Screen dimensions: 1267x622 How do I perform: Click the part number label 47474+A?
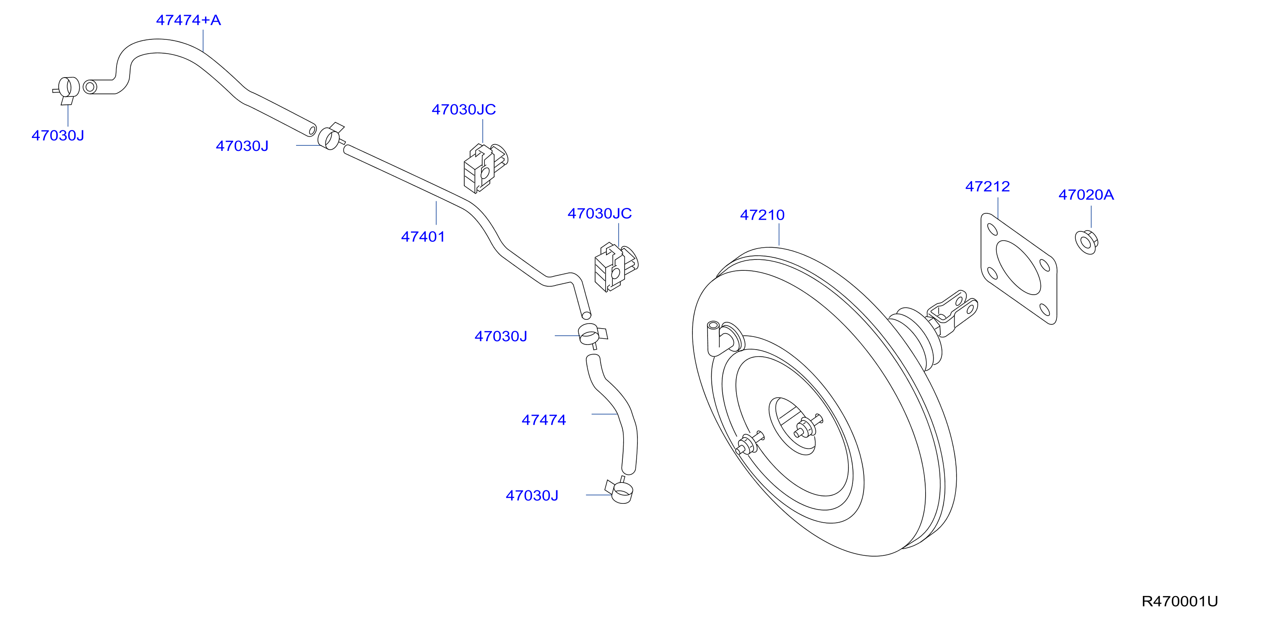pos(188,20)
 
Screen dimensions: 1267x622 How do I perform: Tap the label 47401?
pos(423,237)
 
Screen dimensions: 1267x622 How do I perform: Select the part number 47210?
pos(762,215)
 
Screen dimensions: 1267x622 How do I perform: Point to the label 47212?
pos(988,187)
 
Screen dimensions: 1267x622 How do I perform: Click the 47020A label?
pos(1086,195)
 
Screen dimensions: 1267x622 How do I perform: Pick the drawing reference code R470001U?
pos(1179,601)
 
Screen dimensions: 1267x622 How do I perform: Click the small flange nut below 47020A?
pos(1087,242)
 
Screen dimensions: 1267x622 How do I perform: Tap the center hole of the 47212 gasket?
pos(1019,267)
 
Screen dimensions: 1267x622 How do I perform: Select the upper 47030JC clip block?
pos(485,168)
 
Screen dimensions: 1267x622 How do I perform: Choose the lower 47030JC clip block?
pos(616,267)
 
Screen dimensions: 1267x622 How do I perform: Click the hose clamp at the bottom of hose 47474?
pos(620,491)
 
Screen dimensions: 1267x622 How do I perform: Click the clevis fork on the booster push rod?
pos(952,313)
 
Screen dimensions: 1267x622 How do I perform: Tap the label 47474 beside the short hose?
pos(544,420)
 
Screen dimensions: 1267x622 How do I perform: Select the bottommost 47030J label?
pos(532,496)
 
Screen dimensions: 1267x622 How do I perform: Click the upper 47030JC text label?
pos(464,110)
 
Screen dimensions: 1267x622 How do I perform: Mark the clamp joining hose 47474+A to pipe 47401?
pos(331,136)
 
